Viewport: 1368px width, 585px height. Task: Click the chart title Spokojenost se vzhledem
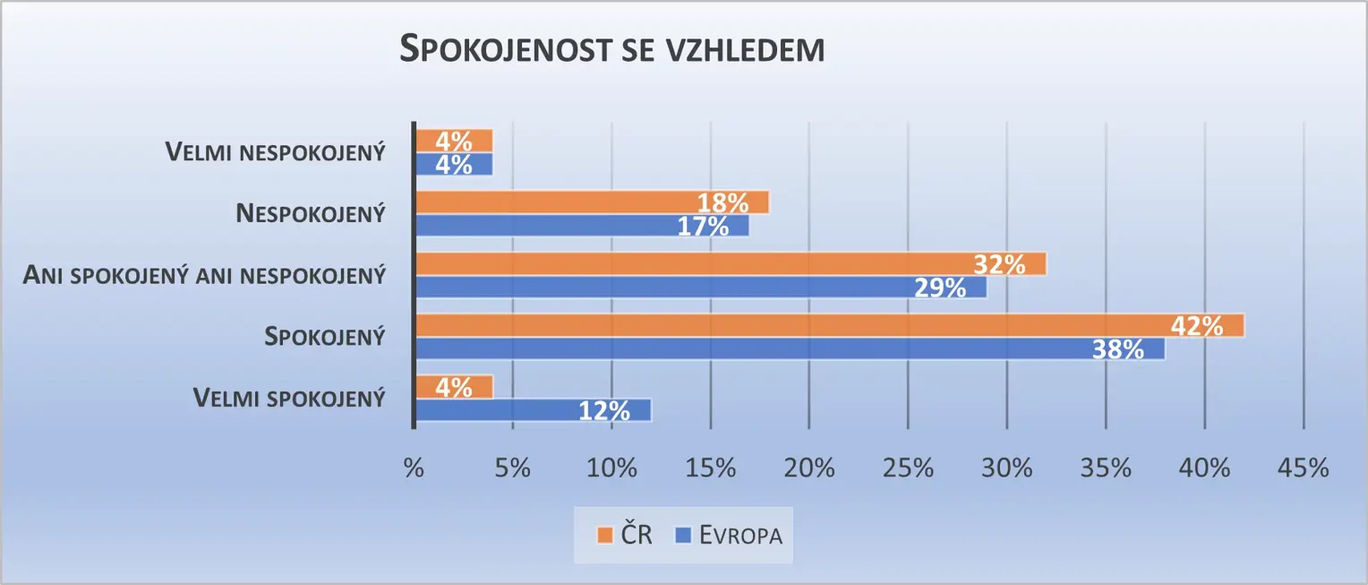(x=611, y=50)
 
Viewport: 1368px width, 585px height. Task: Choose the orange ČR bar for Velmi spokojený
(x=454, y=387)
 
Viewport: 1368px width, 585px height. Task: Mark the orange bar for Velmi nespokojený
(x=454, y=141)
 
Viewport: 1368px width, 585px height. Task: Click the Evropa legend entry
(x=731, y=536)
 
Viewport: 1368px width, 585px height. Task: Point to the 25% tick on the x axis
(x=908, y=468)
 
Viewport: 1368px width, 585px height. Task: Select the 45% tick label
(x=1304, y=468)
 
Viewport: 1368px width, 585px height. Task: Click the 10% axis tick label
(x=611, y=468)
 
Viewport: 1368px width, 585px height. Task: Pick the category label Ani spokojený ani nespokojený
(x=202, y=275)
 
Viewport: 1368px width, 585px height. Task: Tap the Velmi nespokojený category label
(x=275, y=152)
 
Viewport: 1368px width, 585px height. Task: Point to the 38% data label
(x=1118, y=349)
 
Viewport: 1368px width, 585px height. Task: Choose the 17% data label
(x=703, y=227)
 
